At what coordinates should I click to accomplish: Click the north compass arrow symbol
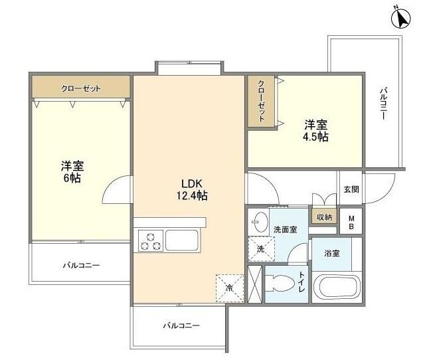click(x=401, y=19)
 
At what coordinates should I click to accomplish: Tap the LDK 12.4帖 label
click(x=192, y=189)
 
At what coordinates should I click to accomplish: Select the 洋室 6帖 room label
click(x=72, y=172)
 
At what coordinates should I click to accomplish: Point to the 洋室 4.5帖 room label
click(x=315, y=131)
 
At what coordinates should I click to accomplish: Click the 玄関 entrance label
click(x=351, y=189)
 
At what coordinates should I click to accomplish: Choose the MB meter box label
click(x=351, y=223)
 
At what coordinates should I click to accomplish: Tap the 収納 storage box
click(x=324, y=217)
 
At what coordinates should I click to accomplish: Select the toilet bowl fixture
click(x=280, y=284)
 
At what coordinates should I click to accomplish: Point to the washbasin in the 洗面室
click(x=260, y=222)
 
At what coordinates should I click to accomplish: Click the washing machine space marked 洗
click(x=261, y=249)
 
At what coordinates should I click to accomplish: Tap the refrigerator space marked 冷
click(x=230, y=288)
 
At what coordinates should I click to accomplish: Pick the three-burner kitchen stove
click(x=151, y=241)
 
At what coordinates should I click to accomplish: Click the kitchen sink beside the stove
click(x=181, y=240)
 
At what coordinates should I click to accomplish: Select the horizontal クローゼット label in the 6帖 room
click(x=81, y=88)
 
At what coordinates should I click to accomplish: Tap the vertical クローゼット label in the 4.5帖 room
click(x=261, y=100)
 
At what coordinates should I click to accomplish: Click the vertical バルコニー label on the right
click(x=383, y=103)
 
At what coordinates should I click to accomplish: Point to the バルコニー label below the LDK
click(x=181, y=325)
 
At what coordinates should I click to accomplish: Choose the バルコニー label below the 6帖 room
click(x=81, y=265)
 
